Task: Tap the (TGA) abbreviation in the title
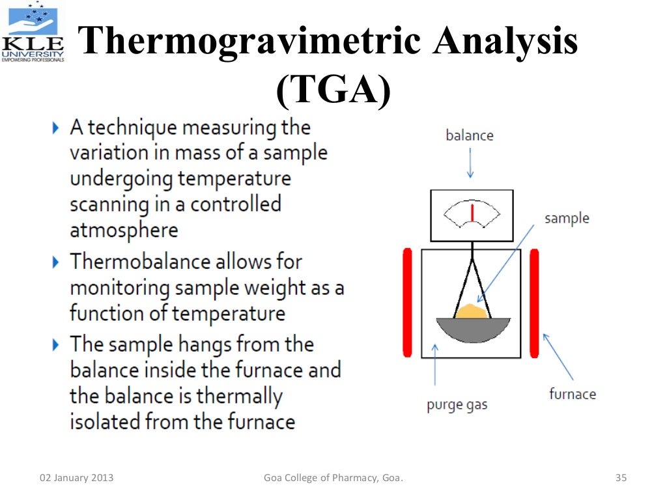[x=333, y=91]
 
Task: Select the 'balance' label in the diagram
[x=469, y=135]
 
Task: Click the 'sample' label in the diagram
[x=567, y=218]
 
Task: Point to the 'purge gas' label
[x=457, y=405]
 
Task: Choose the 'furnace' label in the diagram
[x=572, y=394]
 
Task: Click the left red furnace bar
[x=408, y=302]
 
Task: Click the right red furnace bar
[x=534, y=302]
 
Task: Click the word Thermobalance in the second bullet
[x=142, y=262]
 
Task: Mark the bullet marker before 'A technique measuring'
[x=57, y=128]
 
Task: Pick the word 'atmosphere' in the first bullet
[x=124, y=230]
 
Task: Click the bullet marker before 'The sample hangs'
[x=57, y=344]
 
